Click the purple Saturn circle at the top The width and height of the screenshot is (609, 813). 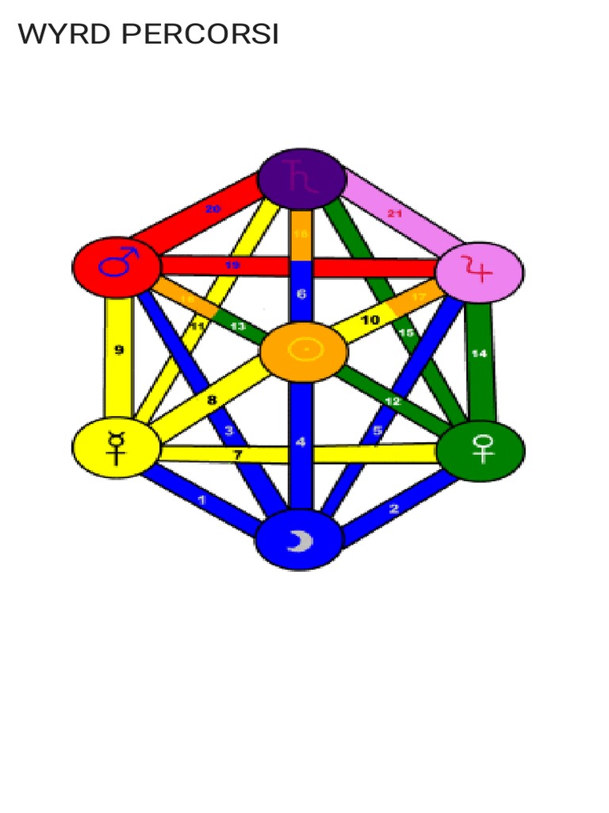302,178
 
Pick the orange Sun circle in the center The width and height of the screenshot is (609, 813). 304,350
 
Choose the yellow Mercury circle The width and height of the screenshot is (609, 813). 116,449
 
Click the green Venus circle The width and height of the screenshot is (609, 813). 481,450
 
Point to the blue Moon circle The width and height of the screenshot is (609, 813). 299,540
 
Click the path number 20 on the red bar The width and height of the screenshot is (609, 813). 213,209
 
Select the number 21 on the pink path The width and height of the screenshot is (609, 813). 394,214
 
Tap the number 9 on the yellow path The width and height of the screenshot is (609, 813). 119,349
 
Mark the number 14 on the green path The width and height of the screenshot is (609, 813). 479,353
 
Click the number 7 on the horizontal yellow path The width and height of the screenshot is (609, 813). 237,454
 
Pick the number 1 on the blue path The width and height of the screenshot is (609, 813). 201,500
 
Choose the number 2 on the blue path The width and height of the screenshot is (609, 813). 394,509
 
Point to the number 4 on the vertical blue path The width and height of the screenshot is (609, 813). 301,442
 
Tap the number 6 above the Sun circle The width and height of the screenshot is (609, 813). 301,294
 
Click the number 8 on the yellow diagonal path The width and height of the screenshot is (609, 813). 212,400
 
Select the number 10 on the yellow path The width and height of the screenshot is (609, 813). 370,320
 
